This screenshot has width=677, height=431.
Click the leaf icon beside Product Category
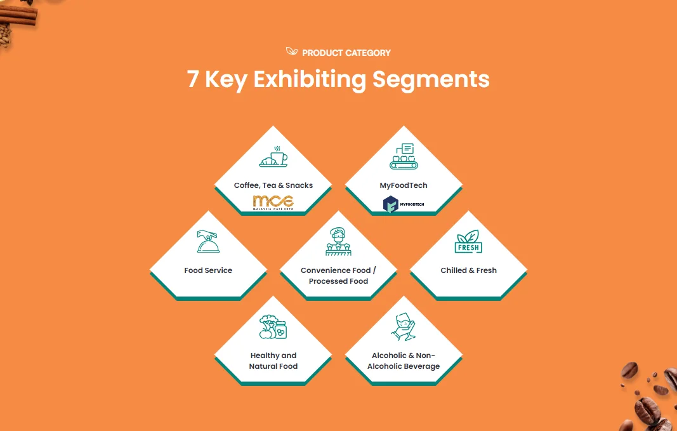292,52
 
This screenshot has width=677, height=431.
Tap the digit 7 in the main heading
194,80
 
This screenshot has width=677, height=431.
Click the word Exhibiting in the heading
310,80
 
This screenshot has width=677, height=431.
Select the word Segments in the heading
431,80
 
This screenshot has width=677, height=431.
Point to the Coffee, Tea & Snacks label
273,185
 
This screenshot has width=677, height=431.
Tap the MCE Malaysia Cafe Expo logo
273,203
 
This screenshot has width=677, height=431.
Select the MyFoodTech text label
404,185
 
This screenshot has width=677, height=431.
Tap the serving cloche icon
208,242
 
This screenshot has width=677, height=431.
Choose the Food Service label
208,270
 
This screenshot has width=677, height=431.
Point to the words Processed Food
338,281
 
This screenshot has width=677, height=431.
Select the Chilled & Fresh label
468,270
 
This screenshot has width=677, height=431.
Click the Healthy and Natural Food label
273,361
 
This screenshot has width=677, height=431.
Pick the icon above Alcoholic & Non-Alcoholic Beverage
404,328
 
